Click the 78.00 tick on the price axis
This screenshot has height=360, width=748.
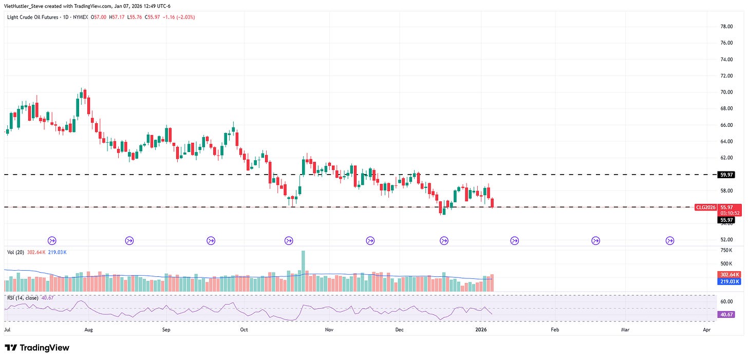click(726, 27)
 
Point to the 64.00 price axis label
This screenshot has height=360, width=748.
click(726, 142)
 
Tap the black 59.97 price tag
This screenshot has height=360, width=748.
click(726, 175)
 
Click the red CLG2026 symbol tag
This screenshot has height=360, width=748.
click(704, 207)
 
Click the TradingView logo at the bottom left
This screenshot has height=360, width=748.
click(37, 348)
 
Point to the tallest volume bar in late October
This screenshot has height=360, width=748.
click(303, 271)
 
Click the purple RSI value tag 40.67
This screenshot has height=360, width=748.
click(726, 315)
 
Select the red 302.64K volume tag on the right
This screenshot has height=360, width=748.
click(726, 275)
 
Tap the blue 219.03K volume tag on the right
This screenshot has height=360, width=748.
click(726, 281)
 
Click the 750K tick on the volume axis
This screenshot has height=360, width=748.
click(726, 250)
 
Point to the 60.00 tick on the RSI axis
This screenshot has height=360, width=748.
click(726, 301)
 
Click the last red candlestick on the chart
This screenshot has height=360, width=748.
click(492, 203)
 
